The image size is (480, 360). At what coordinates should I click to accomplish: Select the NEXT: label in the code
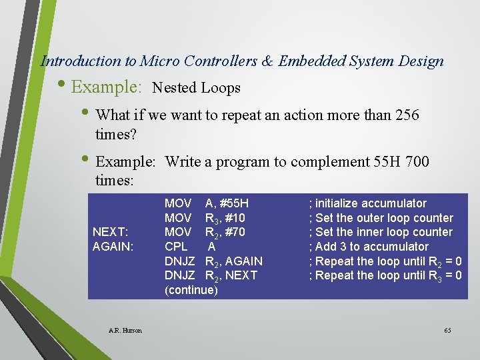click(110, 232)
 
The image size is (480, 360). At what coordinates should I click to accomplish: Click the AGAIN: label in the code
click(113, 247)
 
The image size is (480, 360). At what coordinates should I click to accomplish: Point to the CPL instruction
click(176, 247)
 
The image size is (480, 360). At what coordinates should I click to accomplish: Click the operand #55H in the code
click(235, 203)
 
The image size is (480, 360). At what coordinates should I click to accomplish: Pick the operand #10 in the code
click(234, 218)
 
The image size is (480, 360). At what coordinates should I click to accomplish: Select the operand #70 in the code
click(234, 232)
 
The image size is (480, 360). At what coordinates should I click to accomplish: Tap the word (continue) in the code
click(191, 290)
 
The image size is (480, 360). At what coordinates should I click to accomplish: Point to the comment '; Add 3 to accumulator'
click(368, 247)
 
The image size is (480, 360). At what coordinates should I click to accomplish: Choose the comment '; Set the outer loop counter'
click(380, 218)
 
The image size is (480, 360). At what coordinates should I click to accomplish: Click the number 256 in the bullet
click(406, 115)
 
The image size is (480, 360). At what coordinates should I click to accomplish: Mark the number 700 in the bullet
click(417, 161)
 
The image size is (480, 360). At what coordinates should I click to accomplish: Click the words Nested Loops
click(196, 87)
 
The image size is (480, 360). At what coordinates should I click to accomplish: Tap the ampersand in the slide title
click(267, 61)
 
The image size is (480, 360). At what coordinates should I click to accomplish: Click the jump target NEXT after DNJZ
click(242, 275)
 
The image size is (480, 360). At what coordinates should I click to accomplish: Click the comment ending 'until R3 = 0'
click(385, 275)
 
